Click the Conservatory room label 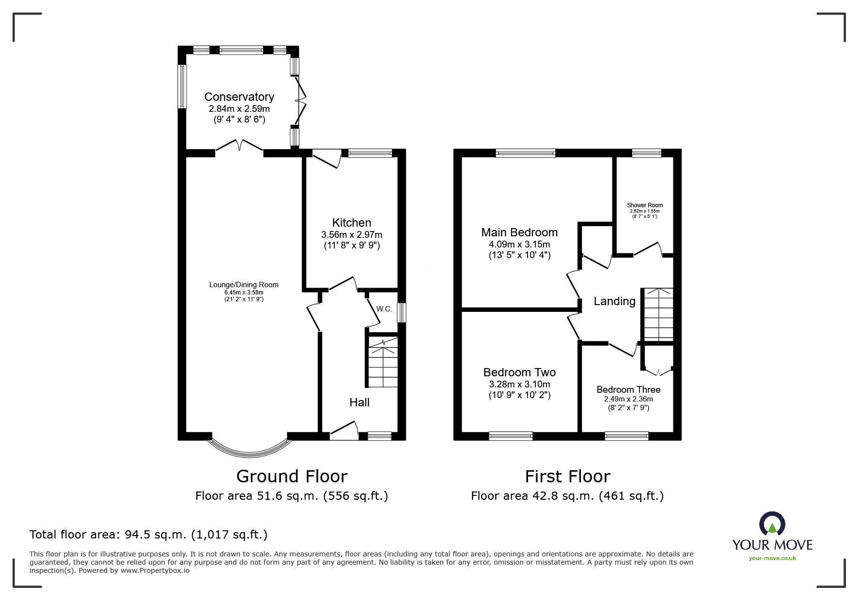239,97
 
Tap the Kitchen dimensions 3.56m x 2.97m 352,235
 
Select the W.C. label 384,309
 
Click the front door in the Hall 344,431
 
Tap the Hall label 359,402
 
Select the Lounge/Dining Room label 244,285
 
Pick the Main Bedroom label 519,232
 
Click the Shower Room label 645,205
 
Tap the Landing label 614,301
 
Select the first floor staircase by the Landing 658,314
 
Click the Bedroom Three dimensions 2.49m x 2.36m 628,399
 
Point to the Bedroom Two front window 511,436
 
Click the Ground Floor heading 292,477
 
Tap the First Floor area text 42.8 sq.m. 567,496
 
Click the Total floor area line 148,535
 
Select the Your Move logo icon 772,524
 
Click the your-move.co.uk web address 772,558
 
